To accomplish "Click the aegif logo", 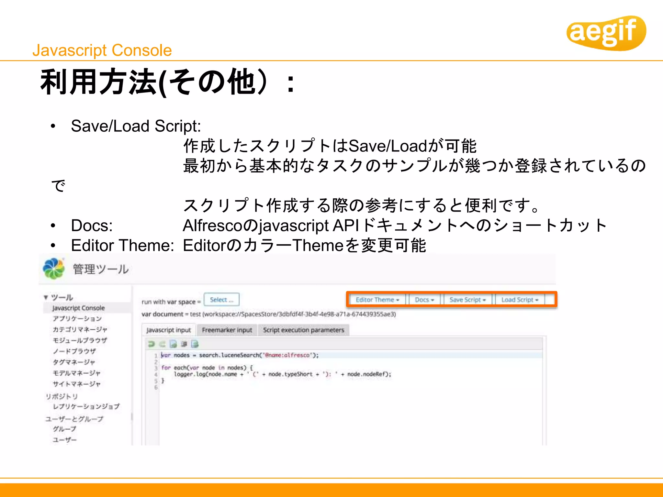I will (605, 32).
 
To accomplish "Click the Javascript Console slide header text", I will (102, 50).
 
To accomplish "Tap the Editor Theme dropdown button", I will (377, 300).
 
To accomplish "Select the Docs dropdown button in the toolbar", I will (424, 300).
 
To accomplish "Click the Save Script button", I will (467, 300).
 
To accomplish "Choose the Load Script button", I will (519, 300).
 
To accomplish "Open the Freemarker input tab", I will (227, 330).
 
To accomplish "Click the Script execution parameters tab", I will (303, 330).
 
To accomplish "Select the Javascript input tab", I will (168, 330).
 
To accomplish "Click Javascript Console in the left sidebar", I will (78, 308).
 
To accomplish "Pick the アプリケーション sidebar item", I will (77, 319).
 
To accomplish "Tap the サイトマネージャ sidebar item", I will (76, 384).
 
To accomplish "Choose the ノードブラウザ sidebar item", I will (74, 351).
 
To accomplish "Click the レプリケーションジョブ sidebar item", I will (86, 406).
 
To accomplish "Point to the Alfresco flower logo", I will (53, 269).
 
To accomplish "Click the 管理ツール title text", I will (100, 269).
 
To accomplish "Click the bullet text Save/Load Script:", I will (136, 126).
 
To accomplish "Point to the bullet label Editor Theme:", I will (122, 245).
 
